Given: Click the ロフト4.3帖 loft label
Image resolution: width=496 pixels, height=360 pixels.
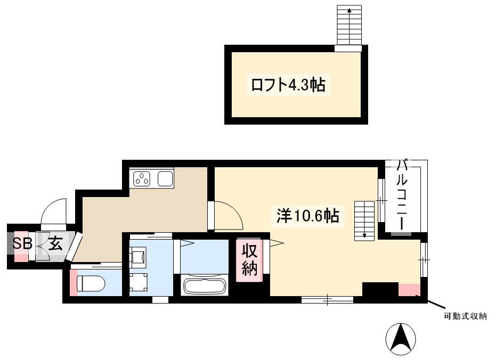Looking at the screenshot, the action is pos(288,85).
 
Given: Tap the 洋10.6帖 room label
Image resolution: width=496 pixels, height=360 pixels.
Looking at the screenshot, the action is pos(308,216).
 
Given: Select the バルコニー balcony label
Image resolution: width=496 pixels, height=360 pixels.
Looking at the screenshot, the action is pos(402,195).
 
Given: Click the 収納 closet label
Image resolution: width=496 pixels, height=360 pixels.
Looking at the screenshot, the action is pos(249,260).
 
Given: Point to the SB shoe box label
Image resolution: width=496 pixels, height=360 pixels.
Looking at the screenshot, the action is pos(22,244).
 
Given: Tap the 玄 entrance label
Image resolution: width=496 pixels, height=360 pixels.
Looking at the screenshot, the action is pos(55,244).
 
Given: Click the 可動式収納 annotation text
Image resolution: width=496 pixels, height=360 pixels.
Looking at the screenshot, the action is pos(465,316).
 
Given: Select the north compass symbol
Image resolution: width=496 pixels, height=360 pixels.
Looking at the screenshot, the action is pos(401,339).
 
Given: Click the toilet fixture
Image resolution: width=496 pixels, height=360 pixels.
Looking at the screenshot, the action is pos(91,283).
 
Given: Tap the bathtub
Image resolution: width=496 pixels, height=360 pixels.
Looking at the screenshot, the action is pos(205,285).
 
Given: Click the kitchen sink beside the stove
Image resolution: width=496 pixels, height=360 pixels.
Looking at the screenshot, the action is pos(166,178).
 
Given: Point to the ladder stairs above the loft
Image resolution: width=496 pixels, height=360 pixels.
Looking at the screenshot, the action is pos(349,25).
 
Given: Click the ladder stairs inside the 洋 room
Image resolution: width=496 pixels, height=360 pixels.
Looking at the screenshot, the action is pos(364,220).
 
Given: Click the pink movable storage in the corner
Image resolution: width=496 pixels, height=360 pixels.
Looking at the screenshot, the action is pos(409,290).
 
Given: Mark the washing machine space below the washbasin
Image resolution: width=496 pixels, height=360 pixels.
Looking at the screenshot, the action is pos(138,282).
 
